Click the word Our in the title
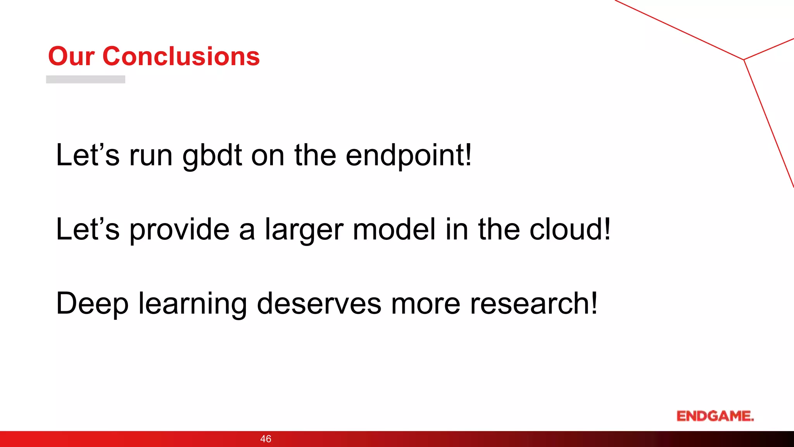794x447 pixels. click(x=71, y=57)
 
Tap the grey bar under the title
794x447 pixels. click(x=86, y=79)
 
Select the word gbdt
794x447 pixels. click(x=212, y=155)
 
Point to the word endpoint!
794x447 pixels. click(x=409, y=155)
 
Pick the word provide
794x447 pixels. click(x=179, y=230)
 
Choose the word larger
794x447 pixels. click(x=304, y=230)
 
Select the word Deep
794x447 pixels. click(x=92, y=304)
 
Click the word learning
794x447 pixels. click(x=193, y=304)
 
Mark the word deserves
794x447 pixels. click(x=319, y=303)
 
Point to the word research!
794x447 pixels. click(x=534, y=303)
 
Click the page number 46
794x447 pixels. click(x=266, y=439)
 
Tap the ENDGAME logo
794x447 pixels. click(x=715, y=416)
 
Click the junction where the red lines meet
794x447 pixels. click(x=744, y=60)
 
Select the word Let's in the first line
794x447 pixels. click(x=88, y=155)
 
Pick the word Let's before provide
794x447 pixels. click(x=88, y=229)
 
